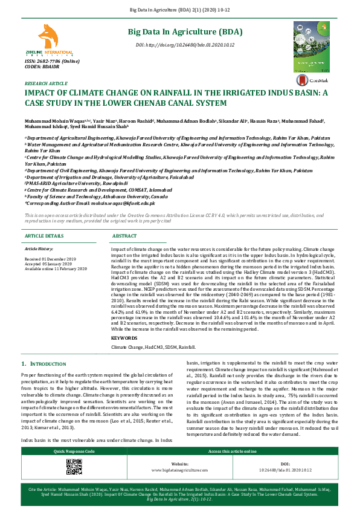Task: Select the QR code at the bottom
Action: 73,467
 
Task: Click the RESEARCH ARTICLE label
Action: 46,83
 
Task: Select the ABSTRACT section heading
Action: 125,236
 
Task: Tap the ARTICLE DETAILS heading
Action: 43,236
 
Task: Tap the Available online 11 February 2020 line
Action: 56,268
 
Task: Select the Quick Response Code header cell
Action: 73,452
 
